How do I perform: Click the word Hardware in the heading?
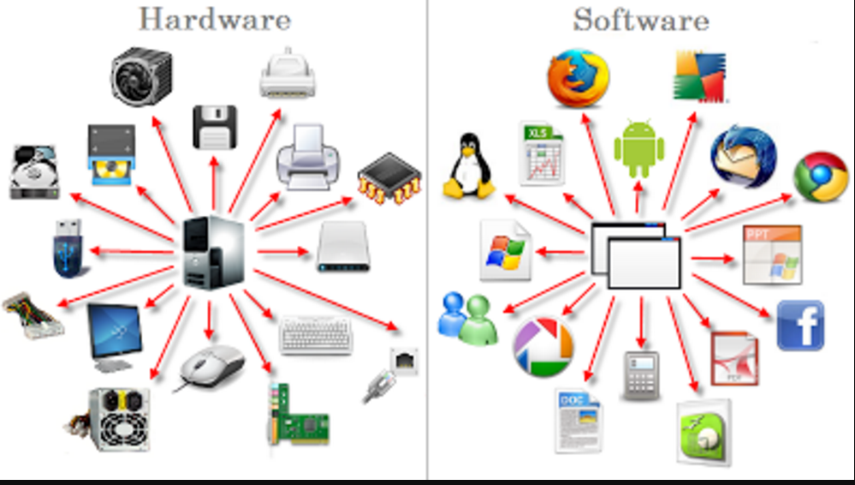214,18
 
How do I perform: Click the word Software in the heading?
641,18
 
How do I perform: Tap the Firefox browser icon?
579,76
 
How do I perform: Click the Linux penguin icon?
468,166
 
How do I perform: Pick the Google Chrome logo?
821,177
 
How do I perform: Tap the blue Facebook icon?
800,326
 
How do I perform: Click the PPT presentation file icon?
772,254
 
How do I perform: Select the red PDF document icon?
735,359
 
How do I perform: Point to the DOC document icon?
578,420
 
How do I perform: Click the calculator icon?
640,374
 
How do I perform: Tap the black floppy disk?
214,127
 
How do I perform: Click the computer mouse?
211,366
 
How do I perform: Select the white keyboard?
316,336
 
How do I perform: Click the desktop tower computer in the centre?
215,251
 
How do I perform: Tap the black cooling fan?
141,75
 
